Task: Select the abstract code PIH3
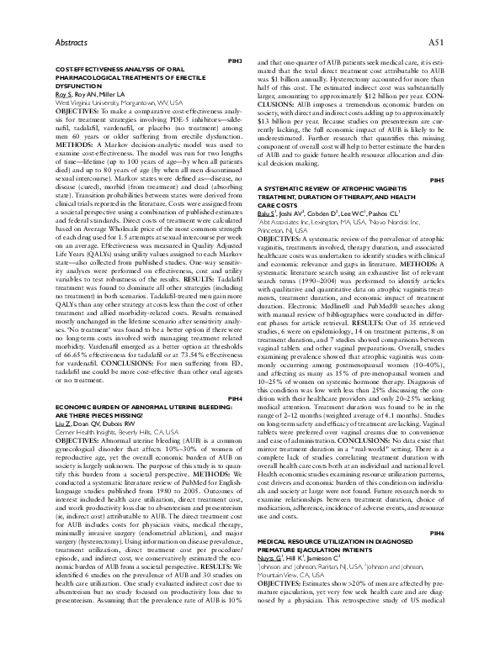237,62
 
